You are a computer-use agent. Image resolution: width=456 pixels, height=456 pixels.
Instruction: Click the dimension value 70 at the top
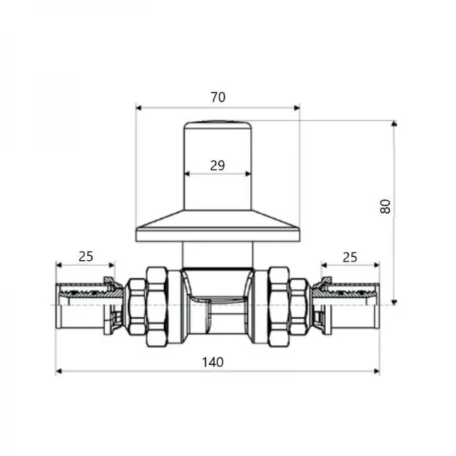click(217, 98)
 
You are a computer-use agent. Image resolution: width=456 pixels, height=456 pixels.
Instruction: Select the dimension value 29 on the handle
click(217, 165)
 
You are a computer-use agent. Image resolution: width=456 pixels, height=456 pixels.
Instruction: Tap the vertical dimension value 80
click(385, 206)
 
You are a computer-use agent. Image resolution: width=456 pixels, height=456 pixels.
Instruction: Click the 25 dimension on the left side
click(85, 256)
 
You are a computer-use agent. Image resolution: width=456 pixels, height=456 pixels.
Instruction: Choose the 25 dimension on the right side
click(350, 256)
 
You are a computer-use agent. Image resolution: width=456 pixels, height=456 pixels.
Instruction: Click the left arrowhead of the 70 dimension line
click(138, 107)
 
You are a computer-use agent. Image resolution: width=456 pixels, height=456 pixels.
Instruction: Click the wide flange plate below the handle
click(217, 227)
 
